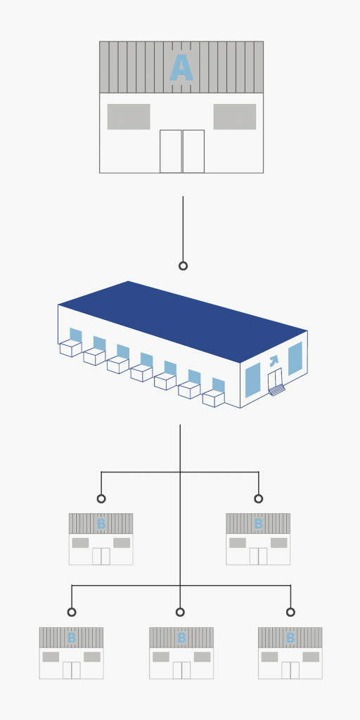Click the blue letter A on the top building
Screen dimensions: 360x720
(181, 68)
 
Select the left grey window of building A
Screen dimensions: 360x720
(129, 117)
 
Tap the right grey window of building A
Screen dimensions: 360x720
(235, 117)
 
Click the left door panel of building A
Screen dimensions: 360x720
(171, 152)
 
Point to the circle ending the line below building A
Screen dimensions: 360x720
(184, 266)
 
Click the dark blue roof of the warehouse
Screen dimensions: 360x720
(183, 321)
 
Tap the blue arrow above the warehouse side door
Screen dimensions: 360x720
(274, 361)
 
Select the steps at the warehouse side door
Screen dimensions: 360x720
(277, 390)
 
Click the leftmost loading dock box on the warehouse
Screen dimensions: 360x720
(71, 349)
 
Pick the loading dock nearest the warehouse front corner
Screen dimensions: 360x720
(214, 399)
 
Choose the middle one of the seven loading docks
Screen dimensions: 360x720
(142, 373)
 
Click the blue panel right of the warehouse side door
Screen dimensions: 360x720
(295, 358)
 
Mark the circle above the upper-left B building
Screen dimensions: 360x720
(101, 499)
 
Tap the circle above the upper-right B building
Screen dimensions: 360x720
(259, 499)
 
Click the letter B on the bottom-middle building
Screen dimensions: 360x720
(181, 638)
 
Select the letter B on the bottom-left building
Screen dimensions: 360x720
(71, 638)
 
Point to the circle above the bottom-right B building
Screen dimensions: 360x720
(290, 612)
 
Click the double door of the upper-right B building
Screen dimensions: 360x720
(259, 556)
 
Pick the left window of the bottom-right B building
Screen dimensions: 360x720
(269, 657)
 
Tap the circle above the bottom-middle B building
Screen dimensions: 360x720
(180, 612)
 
